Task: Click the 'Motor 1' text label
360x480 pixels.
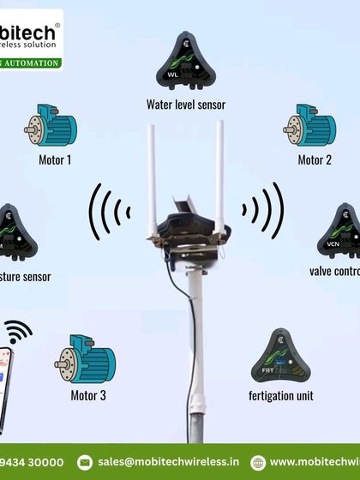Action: point(56,159)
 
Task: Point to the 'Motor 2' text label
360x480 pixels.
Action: point(315,159)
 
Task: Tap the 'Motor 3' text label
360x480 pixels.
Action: point(89,396)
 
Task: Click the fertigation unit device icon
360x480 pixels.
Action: point(280,357)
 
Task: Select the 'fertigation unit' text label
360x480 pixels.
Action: point(280,396)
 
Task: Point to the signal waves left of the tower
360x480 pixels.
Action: point(111,210)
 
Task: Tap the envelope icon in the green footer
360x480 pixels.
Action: point(84,462)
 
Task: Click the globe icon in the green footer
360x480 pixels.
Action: point(257,462)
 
